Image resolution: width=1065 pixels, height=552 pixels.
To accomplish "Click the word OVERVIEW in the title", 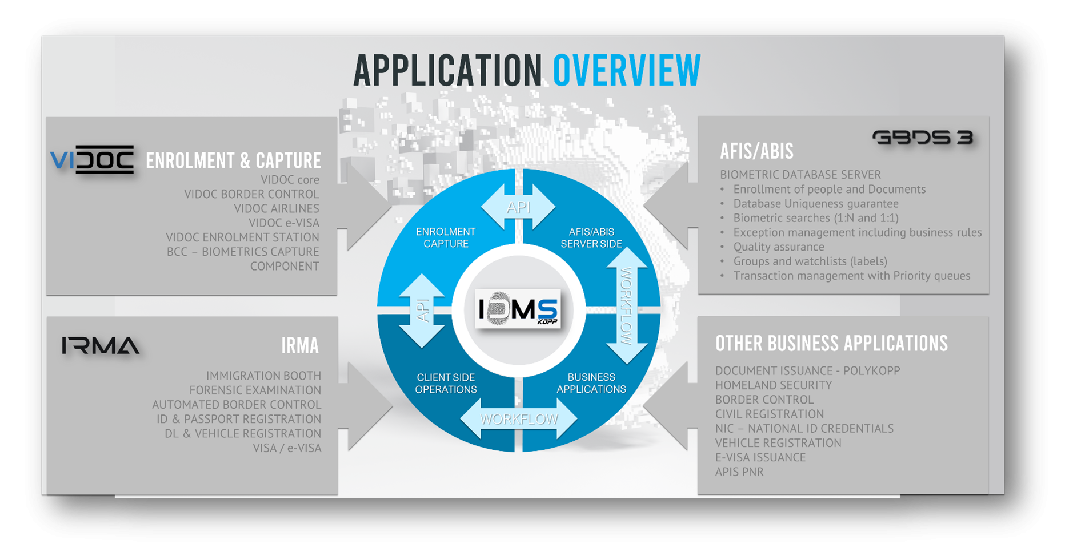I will tap(626, 71).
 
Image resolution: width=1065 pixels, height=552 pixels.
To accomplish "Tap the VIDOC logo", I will tap(92, 159).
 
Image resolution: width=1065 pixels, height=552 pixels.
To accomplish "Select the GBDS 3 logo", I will tap(922, 138).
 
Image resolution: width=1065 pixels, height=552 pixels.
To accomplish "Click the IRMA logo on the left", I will tap(101, 346).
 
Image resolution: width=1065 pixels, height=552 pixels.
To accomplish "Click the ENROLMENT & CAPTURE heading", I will tap(233, 161).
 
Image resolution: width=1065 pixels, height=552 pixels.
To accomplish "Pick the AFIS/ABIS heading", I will tap(756, 151).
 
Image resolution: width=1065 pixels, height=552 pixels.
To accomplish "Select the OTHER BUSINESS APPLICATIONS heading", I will tap(831, 344).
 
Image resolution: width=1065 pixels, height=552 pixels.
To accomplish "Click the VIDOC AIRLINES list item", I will tap(277, 209).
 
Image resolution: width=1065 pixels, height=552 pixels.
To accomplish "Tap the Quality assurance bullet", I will tap(778, 247).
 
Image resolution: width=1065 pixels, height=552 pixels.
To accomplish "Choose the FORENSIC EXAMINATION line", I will tap(255, 390).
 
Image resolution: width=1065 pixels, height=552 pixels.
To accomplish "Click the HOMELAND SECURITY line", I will tap(773, 385).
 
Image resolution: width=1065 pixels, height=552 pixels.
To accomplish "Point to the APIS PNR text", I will tap(739, 472).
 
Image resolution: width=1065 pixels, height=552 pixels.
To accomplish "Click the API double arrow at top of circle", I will tap(518, 207).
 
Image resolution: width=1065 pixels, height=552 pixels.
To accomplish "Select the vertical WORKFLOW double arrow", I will tap(626, 306).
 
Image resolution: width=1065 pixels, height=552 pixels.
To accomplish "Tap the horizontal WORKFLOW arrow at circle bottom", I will tap(519, 419).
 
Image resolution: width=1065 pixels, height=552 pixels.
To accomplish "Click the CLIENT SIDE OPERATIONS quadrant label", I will tap(446, 384).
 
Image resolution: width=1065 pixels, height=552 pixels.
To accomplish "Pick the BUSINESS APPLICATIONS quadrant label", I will tap(591, 384).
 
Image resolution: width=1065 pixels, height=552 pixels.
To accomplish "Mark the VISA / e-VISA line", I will tap(287, 448).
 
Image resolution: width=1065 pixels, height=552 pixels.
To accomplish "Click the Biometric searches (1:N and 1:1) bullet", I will tap(815, 218).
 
